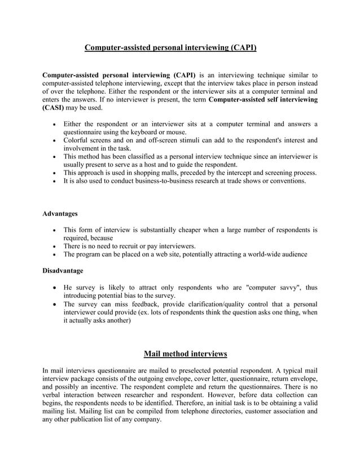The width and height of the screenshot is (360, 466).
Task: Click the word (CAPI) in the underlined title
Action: tap(243, 49)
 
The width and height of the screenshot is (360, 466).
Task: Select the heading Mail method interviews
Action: tap(185, 354)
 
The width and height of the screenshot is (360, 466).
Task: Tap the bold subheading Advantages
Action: tap(60, 214)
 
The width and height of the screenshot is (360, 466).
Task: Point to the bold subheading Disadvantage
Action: tap(63, 271)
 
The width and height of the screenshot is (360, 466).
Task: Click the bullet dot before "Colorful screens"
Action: tap(54, 140)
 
